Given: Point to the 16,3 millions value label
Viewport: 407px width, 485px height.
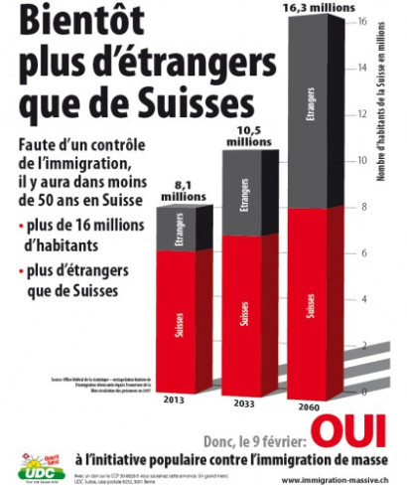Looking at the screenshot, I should [x=316, y=9].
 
